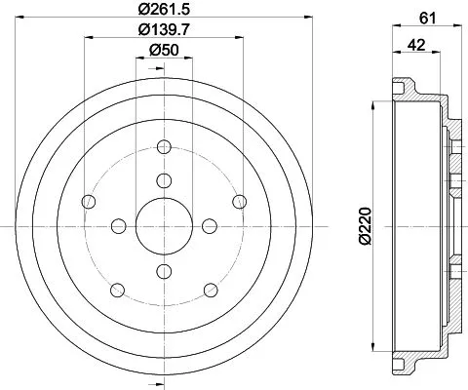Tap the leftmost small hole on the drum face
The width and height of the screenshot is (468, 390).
(90, 202)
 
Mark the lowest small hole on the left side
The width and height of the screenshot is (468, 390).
(118, 289)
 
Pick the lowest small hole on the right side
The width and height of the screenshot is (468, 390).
(210, 289)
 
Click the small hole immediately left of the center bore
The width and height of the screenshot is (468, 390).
(118, 226)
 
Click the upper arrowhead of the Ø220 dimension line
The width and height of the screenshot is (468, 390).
(373, 103)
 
